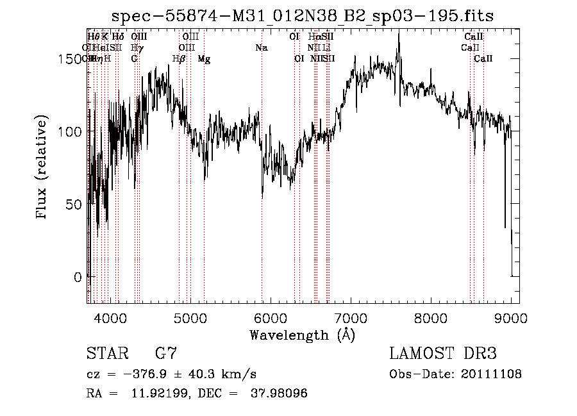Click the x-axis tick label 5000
click(190, 317)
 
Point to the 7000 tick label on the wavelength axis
click(351, 317)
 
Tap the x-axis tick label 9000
click(511, 317)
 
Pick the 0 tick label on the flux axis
click(77, 278)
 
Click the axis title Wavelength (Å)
click(302, 335)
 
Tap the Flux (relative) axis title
click(43, 168)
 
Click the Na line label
click(261, 48)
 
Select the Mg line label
click(204, 59)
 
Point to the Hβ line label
click(179, 59)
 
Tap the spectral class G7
click(165, 354)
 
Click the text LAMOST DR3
click(442, 354)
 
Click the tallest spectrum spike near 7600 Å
click(399, 33)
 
